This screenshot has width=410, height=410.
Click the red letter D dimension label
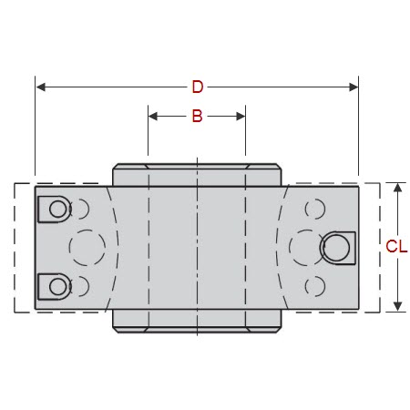point(198,87)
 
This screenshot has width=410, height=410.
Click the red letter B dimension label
point(197,116)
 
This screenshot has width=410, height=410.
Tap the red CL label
point(396,246)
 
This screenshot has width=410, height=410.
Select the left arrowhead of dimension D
point(41,87)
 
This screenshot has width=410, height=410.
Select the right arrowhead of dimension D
point(354,87)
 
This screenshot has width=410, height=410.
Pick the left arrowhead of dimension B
point(153,116)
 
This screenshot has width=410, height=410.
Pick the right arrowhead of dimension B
point(241,116)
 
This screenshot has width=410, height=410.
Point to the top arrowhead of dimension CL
point(397,188)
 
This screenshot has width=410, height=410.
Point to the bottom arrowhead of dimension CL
point(397,306)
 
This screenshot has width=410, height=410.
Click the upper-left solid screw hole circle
point(57,209)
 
